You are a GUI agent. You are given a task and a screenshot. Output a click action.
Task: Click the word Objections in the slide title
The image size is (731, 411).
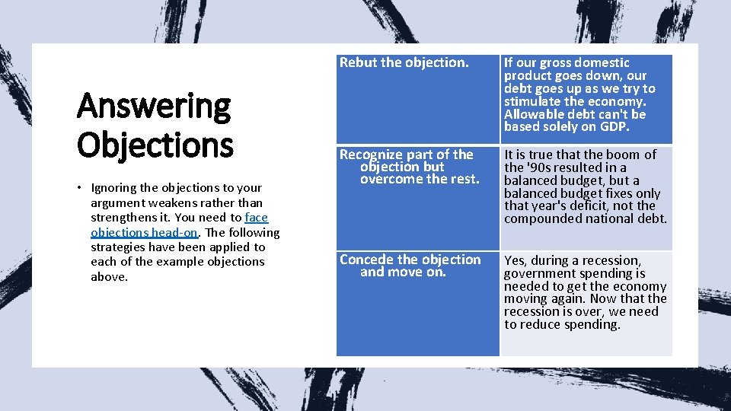click(x=155, y=144)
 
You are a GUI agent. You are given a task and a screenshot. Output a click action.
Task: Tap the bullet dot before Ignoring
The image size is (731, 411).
click(x=81, y=188)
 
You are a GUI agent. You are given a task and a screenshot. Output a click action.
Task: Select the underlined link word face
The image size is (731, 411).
click(x=257, y=218)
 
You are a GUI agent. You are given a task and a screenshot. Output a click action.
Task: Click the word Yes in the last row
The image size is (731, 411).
click(x=514, y=260)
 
